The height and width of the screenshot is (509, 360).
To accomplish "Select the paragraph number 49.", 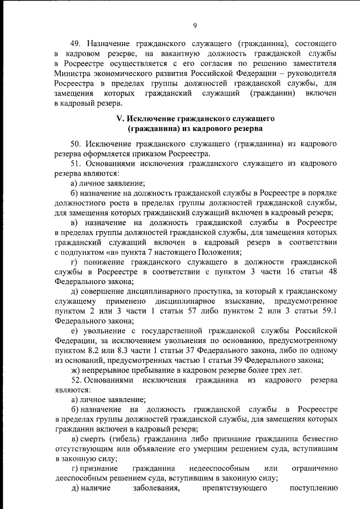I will coord(75,43).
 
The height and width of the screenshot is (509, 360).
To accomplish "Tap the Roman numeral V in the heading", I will coord(119,119).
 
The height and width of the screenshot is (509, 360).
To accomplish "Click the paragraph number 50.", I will coord(75,144).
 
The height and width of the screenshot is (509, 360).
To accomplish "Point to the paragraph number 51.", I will coord(75,163).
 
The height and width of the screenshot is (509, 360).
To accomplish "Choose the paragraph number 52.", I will coord(75,381).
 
